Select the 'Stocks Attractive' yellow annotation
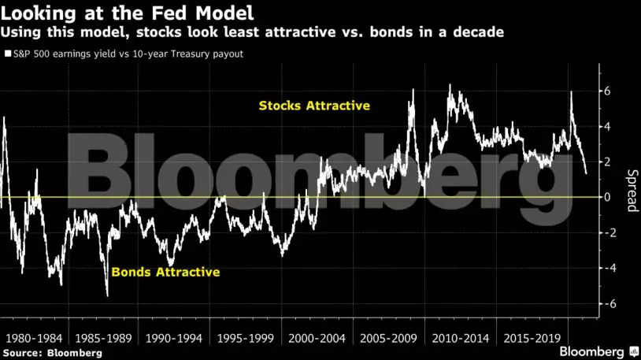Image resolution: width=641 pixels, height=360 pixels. pos(314,105)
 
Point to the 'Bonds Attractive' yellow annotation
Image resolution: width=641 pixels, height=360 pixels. pos(165,273)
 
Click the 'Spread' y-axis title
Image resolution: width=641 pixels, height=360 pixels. pos(631,191)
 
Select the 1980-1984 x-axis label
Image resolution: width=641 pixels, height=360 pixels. pos(34,336)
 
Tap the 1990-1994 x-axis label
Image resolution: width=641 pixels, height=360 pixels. pos(176,336)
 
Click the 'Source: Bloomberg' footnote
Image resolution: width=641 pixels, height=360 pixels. pos(52,353)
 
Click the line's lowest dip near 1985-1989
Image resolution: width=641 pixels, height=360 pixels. pos(107,295)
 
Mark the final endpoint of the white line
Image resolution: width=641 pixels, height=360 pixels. pos(586,173)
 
